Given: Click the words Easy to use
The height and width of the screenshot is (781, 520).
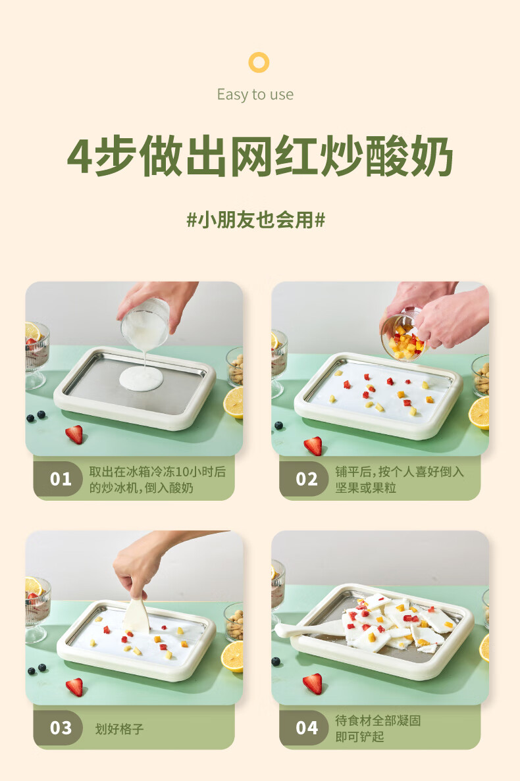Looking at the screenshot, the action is [x=255, y=94].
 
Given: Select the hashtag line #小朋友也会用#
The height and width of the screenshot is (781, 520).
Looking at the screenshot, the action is [x=255, y=220].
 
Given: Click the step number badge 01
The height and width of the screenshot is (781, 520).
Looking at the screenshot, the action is [x=61, y=479].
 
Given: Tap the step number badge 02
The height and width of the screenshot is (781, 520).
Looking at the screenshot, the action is [x=306, y=479].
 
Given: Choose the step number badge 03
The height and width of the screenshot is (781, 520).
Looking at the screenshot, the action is [x=61, y=728].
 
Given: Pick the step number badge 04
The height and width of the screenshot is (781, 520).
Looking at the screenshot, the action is [x=306, y=728].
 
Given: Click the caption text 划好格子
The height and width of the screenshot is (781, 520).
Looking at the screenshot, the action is [x=120, y=729].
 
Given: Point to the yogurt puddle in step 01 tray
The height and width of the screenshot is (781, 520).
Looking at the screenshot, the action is [x=141, y=378].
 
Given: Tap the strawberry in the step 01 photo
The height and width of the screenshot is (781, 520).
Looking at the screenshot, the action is [x=75, y=434].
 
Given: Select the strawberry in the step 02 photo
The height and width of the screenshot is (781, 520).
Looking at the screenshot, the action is [x=313, y=446].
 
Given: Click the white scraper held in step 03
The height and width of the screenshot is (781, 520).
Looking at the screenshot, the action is [x=136, y=616].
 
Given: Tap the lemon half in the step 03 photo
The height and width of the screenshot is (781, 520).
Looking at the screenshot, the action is [x=233, y=657].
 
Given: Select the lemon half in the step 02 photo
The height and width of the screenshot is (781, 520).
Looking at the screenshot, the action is [x=479, y=413].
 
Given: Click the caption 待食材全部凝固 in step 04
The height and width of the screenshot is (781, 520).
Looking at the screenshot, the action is [x=378, y=720].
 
